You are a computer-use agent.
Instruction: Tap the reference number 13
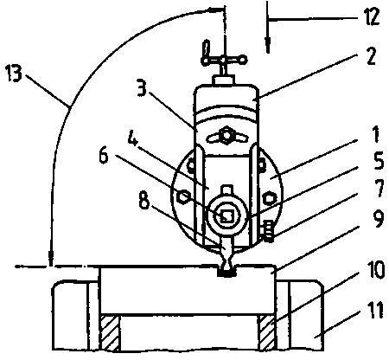pyautogui.click(x=14, y=74)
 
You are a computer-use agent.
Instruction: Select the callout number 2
pyautogui.click(x=371, y=56)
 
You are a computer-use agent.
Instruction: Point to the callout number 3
pyautogui.click(x=142, y=89)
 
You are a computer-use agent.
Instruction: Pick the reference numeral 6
pyautogui.click(x=104, y=156)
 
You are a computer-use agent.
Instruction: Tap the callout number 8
pyautogui.click(x=144, y=200)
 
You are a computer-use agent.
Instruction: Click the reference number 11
pyautogui.click(x=375, y=310)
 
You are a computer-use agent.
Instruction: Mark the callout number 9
pyautogui.click(x=378, y=220)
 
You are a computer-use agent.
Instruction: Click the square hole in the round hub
pyautogui.click(x=227, y=215)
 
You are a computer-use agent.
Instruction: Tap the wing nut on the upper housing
pyautogui.click(x=226, y=135)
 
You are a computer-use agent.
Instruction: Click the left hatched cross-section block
pyautogui.click(x=109, y=333)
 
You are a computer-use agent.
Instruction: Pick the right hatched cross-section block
pyautogui.click(x=267, y=333)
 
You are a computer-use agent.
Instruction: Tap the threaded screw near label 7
pyautogui.click(x=268, y=231)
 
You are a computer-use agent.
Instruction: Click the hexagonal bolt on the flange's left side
pyautogui.click(x=182, y=197)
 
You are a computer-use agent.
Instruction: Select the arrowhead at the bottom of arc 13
pyautogui.click(x=51, y=258)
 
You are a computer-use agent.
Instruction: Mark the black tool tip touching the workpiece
pyautogui.click(x=227, y=273)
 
